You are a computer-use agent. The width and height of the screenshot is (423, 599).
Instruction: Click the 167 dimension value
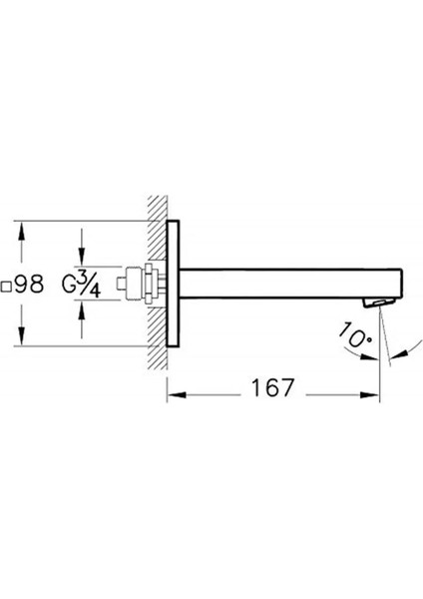(x=272, y=387)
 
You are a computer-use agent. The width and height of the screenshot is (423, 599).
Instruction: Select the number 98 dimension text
(x=29, y=285)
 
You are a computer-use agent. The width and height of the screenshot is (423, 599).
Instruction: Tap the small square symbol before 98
(x=6, y=287)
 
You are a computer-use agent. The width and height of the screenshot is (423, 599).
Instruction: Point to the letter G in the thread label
(x=69, y=284)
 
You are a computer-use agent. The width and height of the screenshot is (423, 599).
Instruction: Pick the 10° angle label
(x=355, y=335)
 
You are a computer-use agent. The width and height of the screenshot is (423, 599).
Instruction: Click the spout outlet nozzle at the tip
(x=379, y=302)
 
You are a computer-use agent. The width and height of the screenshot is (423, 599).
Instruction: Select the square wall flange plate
(x=173, y=284)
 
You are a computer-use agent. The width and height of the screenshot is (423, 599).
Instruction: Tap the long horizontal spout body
(x=290, y=284)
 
